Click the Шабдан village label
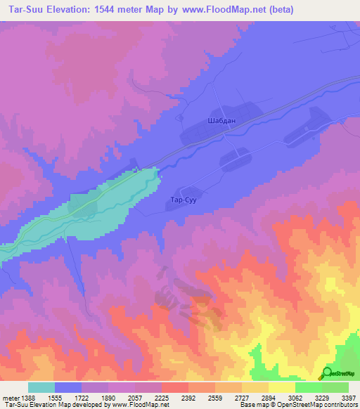pyautogui.click(x=221, y=121)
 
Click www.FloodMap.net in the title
pyautogui.click(x=219, y=10)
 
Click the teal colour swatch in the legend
pyautogui.click(x=41, y=387)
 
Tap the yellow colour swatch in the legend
pyautogui.click(x=281, y=387)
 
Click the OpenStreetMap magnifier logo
pyautogui.click(x=327, y=374)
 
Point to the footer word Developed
pyautogui.click(x=91, y=405)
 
